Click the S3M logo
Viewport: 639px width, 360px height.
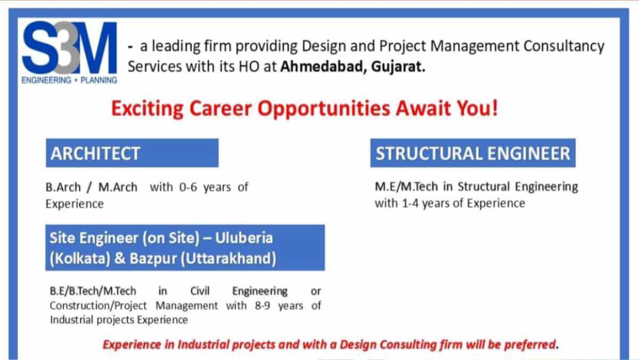pos(70,48)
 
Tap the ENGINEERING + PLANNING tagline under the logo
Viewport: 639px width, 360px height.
pos(70,80)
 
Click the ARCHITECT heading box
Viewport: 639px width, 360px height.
pos(132,153)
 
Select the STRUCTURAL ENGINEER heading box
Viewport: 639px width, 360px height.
pos(473,153)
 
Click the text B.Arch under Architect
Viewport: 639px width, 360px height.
pos(63,187)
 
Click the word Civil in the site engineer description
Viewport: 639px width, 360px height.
pos(200,291)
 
